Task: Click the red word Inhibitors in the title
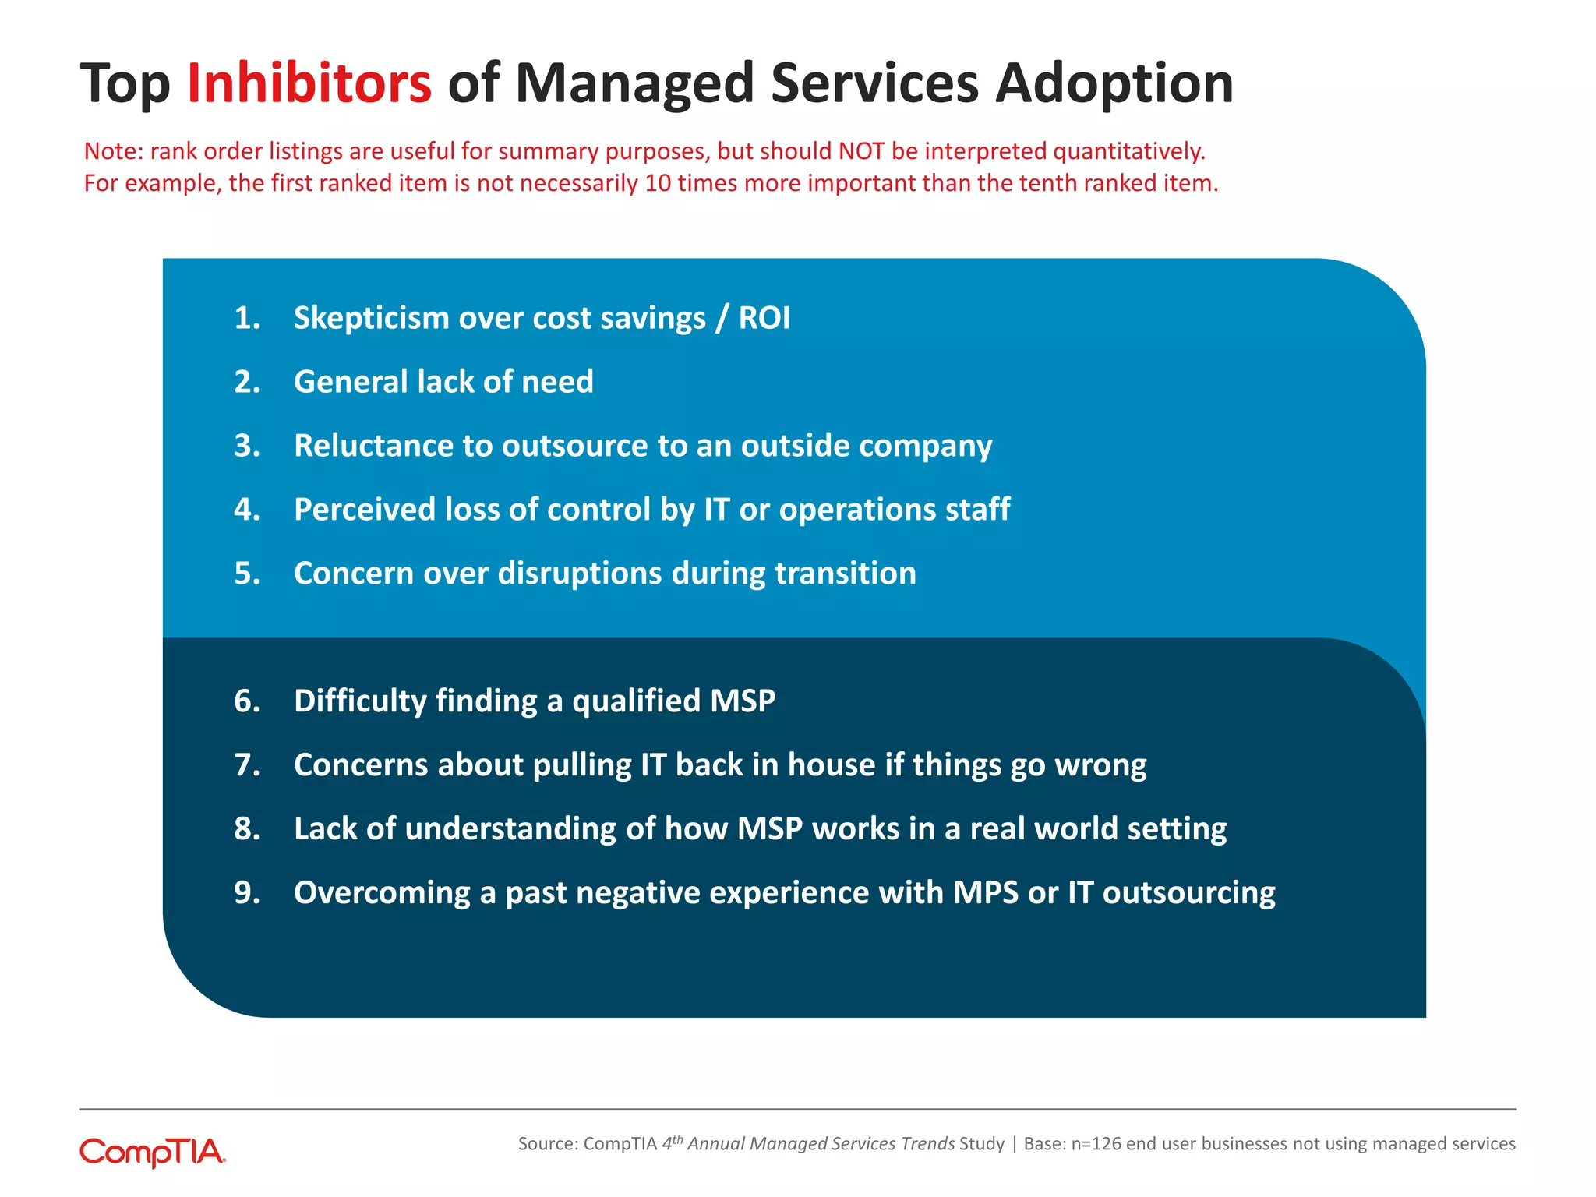coord(309,83)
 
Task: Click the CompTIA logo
coord(153,1152)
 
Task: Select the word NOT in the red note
coord(861,151)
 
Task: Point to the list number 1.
coord(246,318)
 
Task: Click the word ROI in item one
coord(764,318)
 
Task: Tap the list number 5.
coord(246,574)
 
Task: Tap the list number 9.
coord(246,893)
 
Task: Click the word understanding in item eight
coord(510,829)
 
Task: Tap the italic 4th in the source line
coord(672,1143)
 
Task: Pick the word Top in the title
coord(125,84)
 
